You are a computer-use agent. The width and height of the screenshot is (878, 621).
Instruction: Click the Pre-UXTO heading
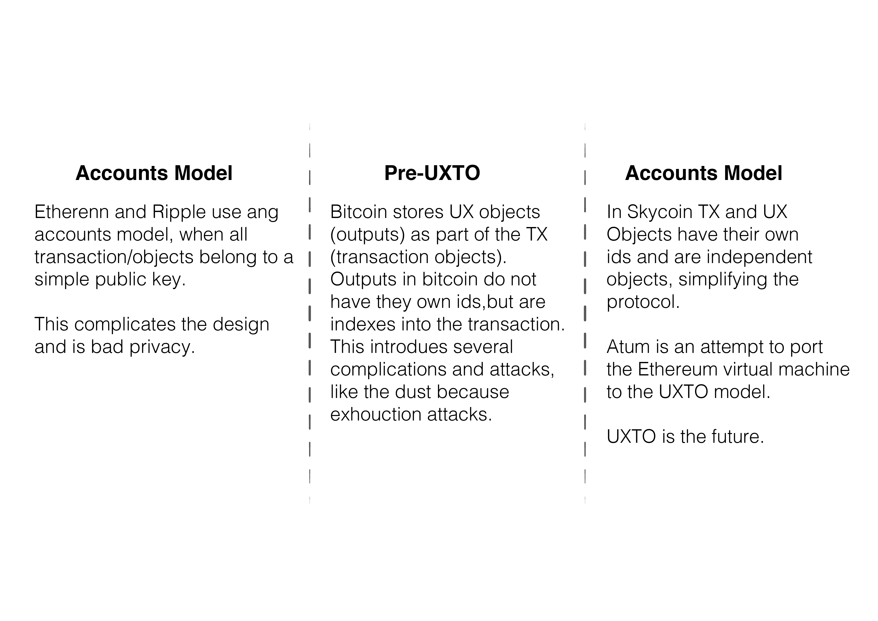coord(432,173)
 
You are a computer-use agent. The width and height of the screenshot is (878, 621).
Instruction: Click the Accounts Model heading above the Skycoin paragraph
coord(704,173)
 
